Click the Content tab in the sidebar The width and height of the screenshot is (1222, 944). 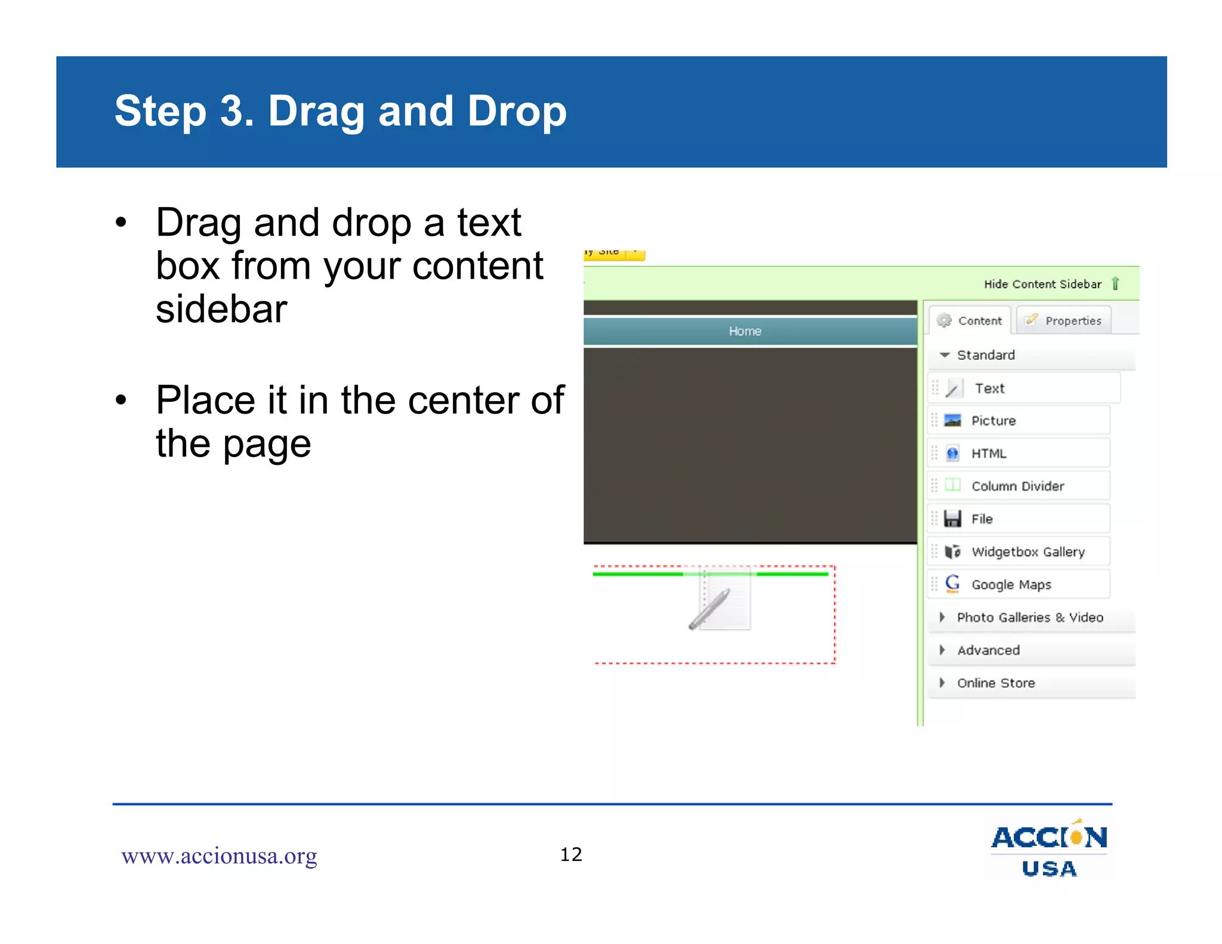coord(970,320)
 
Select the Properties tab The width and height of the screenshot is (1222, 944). coord(1064,320)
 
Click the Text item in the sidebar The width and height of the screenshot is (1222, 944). coord(989,388)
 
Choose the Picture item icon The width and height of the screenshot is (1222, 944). coord(953,421)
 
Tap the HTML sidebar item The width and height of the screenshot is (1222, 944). coord(988,454)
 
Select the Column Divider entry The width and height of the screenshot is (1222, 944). coord(1017,486)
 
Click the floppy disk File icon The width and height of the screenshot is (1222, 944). coord(953,519)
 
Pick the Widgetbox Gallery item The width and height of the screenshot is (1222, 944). coord(1027,552)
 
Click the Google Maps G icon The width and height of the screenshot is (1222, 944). coord(953,584)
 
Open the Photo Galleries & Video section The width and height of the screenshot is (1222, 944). coord(1029,618)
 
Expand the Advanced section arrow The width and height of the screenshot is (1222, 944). coord(942,650)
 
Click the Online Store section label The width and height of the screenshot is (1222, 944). coord(996,683)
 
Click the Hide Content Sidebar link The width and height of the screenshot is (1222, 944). coord(1042,284)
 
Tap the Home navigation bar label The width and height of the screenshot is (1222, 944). coord(745,331)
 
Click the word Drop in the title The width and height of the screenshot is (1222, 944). coord(517,112)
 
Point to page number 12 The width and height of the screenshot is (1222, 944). coord(571,854)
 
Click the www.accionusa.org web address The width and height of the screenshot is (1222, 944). coord(219,856)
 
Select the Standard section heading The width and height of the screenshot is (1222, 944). coord(985,355)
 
